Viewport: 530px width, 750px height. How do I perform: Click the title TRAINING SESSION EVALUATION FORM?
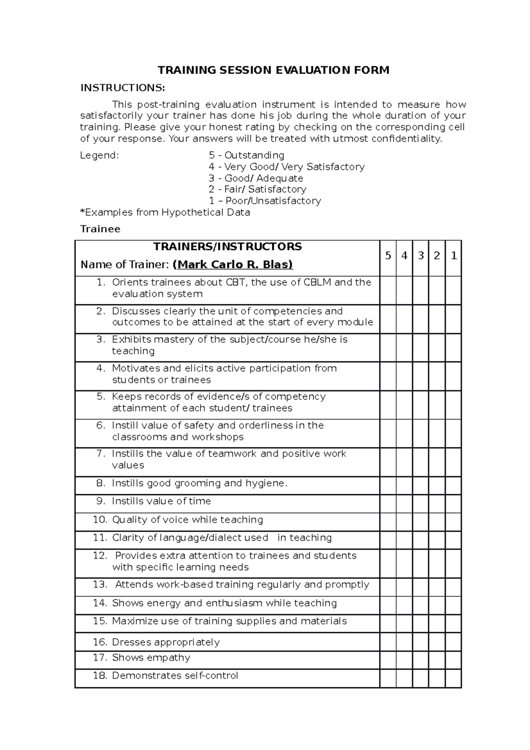coord(273,70)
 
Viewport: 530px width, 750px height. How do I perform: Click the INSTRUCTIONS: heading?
coord(122,87)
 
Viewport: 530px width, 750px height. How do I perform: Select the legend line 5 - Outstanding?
coord(246,155)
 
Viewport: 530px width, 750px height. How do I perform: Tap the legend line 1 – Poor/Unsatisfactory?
coord(265,201)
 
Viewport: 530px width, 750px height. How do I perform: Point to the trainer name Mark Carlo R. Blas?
coord(233,265)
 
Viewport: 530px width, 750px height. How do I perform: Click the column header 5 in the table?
coord(388,256)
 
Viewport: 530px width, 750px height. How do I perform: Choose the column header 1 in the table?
coord(454,256)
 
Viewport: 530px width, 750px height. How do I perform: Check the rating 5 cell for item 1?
coord(388,290)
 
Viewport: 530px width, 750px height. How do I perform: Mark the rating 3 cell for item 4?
coord(420,376)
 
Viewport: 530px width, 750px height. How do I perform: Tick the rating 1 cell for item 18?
coord(454,678)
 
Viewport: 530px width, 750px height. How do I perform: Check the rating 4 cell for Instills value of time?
coord(404,504)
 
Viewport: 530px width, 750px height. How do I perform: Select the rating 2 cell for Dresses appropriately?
coord(437,642)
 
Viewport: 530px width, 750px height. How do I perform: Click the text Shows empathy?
coord(151,658)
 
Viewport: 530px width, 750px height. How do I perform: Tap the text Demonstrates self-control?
coord(175,675)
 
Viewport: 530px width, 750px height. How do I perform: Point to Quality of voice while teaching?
coord(187,519)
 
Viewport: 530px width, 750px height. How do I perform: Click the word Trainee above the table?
coord(100,229)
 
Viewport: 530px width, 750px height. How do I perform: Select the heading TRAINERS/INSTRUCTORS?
coord(227,246)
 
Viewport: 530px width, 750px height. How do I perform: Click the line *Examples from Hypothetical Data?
coord(165,212)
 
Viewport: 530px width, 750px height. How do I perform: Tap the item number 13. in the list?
coord(100,584)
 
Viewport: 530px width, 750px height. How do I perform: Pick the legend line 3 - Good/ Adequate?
coord(256,178)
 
